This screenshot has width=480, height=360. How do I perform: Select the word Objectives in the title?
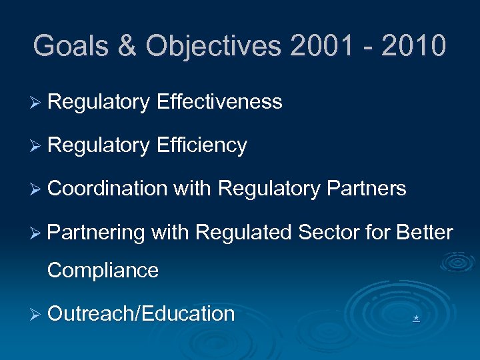tap(214, 46)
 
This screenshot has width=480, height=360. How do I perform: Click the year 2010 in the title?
tap(413, 46)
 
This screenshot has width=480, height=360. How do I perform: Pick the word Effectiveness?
tap(219, 102)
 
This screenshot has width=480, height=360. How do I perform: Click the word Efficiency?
tap(202, 145)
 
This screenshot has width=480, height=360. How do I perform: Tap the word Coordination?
tap(107, 189)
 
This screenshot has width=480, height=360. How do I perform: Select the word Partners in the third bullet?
tap(367, 189)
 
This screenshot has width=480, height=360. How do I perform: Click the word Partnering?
tap(97, 233)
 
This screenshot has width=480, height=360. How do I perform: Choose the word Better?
tap(425, 233)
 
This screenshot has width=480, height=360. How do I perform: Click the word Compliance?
tap(103, 271)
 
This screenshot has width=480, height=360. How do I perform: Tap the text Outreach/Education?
tap(141, 314)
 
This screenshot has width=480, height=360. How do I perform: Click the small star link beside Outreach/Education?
tap(416, 319)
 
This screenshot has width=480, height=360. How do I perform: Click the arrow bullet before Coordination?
tap(37, 189)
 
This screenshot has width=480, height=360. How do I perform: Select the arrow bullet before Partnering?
tap(37, 233)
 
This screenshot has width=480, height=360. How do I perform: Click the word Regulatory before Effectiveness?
tap(99, 102)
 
